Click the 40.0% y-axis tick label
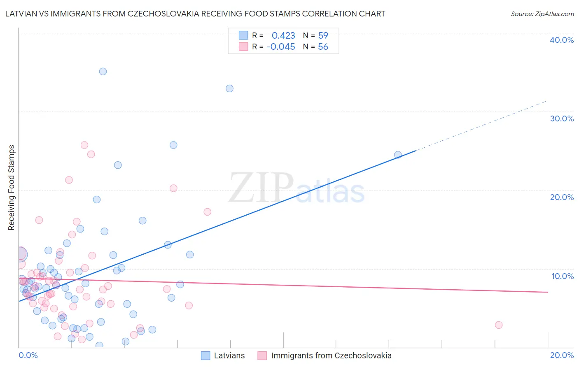pyautogui.click(x=562, y=40)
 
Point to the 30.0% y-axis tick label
pyautogui.click(x=562, y=118)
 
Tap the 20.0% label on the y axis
pyautogui.click(x=562, y=197)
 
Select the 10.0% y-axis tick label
pyautogui.click(x=563, y=276)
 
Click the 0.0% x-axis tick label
pyautogui.click(x=28, y=355)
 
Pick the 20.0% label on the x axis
pyautogui.click(x=562, y=355)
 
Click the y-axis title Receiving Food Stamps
pyautogui.click(x=11, y=188)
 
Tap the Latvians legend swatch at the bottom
pyautogui.click(x=205, y=355)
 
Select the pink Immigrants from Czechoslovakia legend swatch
pyautogui.click(x=262, y=355)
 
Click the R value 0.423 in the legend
pyautogui.click(x=283, y=36)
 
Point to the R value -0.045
pyautogui.click(x=281, y=47)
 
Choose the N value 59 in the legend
pyautogui.click(x=323, y=36)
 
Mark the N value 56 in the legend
pyautogui.click(x=323, y=47)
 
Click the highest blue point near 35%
pyautogui.click(x=103, y=72)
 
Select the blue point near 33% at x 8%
pyautogui.click(x=230, y=88)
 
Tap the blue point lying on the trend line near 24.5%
pyautogui.click(x=398, y=155)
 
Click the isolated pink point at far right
pyautogui.click(x=499, y=325)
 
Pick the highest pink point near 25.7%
pyautogui.click(x=84, y=145)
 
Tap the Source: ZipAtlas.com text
pyautogui.click(x=542, y=14)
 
